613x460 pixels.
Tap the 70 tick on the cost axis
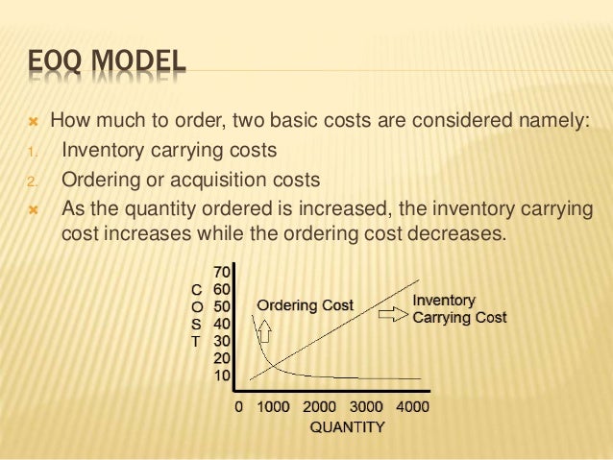(x=221, y=273)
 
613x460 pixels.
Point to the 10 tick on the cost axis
(x=221, y=375)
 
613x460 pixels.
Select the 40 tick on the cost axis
(x=221, y=324)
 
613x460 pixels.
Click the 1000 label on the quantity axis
(x=274, y=406)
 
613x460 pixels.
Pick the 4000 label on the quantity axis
(x=412, y=406)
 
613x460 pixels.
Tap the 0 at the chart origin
(x=239, y=406)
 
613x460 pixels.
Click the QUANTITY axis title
(x=346, y=427)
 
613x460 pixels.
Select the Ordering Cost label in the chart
(x=304, y=305)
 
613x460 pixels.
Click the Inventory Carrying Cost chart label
(x=458, y=308)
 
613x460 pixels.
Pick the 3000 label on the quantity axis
(x=366, y=406)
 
